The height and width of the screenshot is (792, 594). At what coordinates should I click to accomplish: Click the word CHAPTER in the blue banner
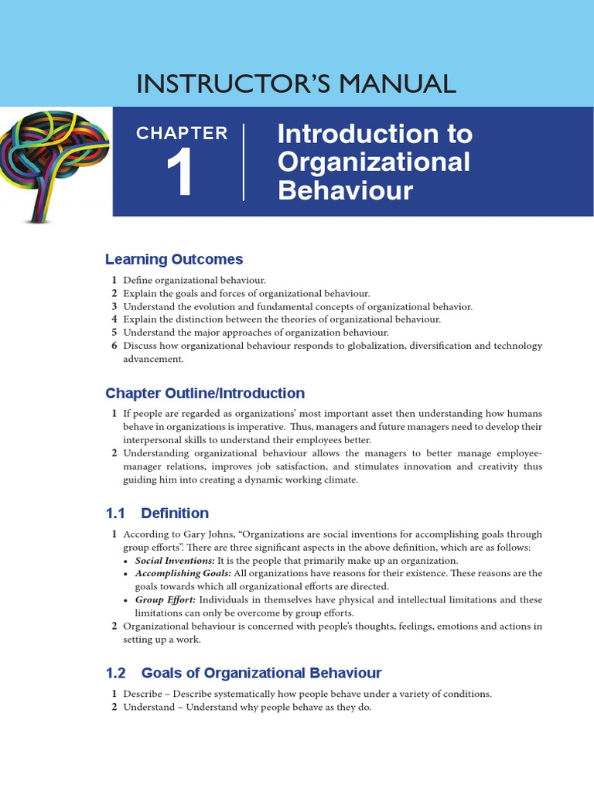tap(182, 133)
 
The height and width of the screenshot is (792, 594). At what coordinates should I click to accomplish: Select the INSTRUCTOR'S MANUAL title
tap(296, 83)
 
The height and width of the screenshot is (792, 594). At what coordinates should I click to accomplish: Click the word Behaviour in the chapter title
tap(345, 190)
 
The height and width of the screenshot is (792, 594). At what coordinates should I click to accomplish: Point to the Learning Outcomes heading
tap(174, 259)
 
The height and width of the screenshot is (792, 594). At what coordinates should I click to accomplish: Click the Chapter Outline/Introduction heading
tap(205, 393)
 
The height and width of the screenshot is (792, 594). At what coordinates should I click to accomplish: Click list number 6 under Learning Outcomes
tap(114, 346)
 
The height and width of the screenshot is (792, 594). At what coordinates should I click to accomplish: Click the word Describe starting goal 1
tap(144, 694)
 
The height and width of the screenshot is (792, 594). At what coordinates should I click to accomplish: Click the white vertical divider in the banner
tap(244, 162)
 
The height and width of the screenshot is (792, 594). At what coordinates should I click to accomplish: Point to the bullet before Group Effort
tap(127, 600)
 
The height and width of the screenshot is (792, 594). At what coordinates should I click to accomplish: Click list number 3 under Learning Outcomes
tap(114, 306)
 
